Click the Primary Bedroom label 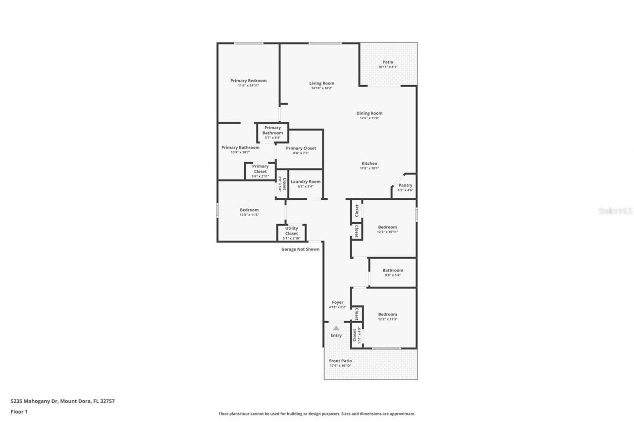248,81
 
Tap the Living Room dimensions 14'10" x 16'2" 322,89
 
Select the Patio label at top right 388,62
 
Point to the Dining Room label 370,113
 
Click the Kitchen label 370,164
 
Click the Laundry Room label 306,182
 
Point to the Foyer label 337,302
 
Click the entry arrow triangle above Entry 336,328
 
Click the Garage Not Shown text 300,249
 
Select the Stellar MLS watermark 615,211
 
